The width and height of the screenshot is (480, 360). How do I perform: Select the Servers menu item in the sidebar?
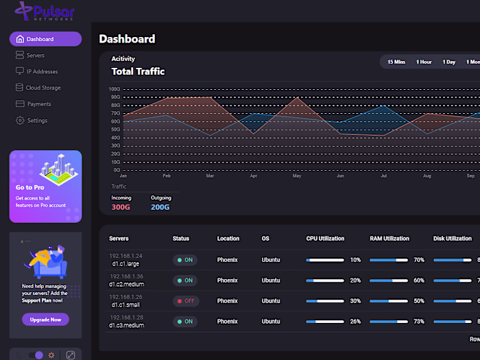(x=35, y=56)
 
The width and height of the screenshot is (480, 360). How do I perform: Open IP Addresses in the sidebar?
(x=41, y=71)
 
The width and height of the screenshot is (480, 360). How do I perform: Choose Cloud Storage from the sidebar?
(x=43, y=88)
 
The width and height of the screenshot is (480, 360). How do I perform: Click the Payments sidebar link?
(x=39, y=104)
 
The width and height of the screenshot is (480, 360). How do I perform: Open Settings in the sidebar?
(x=37, y=121)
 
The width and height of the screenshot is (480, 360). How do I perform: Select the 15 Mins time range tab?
(x=396, y=62)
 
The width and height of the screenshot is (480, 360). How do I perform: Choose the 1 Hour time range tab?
(x=424, y=62)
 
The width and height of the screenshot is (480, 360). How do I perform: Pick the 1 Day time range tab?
(x=449, y=62)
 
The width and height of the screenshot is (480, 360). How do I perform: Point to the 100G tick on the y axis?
(x=115, y=89)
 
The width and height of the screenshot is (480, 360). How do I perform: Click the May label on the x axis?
(x=297, y=176)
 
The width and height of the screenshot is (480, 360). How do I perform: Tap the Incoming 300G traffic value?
(x=121, y=207)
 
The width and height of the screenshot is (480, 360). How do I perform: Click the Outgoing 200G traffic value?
(x=160, y=207)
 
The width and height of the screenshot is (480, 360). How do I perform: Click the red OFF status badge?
(x=185, y=301)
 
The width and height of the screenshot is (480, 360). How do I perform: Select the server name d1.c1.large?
(x=124, y=263)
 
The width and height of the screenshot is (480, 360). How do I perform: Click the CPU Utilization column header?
(x=325, y=239)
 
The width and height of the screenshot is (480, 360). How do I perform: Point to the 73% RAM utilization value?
(x=418, y=322)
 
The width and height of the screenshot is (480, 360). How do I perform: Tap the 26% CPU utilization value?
(x=355, y=322)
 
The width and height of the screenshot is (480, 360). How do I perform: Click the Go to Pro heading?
(x=30, y=187)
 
